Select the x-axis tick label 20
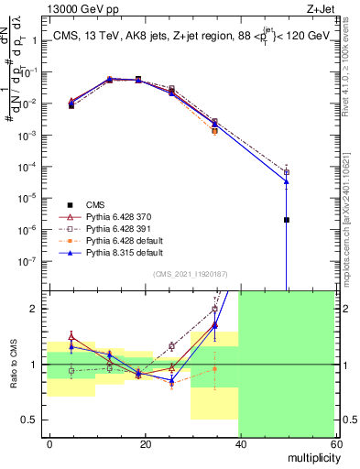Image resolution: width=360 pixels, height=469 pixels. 145,443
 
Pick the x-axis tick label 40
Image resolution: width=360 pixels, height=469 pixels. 239,443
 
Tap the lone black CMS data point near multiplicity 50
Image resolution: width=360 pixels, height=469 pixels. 287,220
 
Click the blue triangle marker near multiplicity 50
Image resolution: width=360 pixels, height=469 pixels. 287,181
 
